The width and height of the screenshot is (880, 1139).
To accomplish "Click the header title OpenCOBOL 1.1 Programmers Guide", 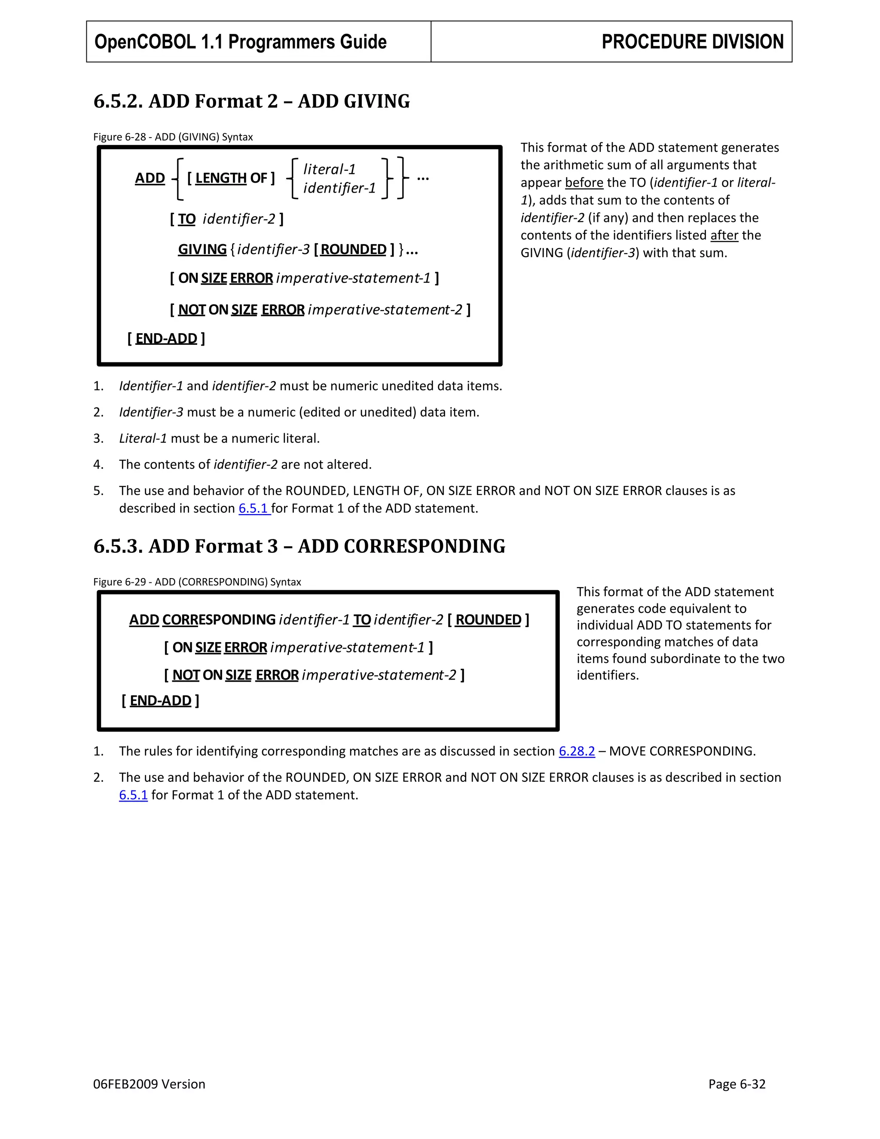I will coord(240,42).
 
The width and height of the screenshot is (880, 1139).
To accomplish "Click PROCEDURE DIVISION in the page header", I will coord(692,42).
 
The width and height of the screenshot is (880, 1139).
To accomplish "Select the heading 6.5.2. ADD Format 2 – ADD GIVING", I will coord(251,101).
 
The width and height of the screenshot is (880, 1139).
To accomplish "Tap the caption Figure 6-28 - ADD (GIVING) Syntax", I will coord(173,137).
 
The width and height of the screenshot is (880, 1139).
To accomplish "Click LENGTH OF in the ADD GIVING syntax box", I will coord(230,178).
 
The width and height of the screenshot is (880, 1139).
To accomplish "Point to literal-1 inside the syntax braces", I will coord(329,169).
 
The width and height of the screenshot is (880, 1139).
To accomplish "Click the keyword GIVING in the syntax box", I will coord(202,250).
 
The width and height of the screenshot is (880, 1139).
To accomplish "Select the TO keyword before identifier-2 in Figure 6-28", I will coord(186,219).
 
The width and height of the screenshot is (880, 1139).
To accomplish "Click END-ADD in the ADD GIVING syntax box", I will coord(166,339).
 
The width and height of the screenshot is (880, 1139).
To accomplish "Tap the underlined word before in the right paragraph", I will coord(584,183).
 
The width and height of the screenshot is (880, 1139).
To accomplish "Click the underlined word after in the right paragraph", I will coord(724,236).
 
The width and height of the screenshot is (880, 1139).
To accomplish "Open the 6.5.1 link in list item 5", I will coord(254,508).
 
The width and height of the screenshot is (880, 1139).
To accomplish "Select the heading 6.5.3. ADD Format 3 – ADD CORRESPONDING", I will coord(299,546).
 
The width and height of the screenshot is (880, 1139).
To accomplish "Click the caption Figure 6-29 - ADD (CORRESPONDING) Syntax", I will coord(197,582).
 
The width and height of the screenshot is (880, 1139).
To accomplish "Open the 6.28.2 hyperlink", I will coord(577,751).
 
